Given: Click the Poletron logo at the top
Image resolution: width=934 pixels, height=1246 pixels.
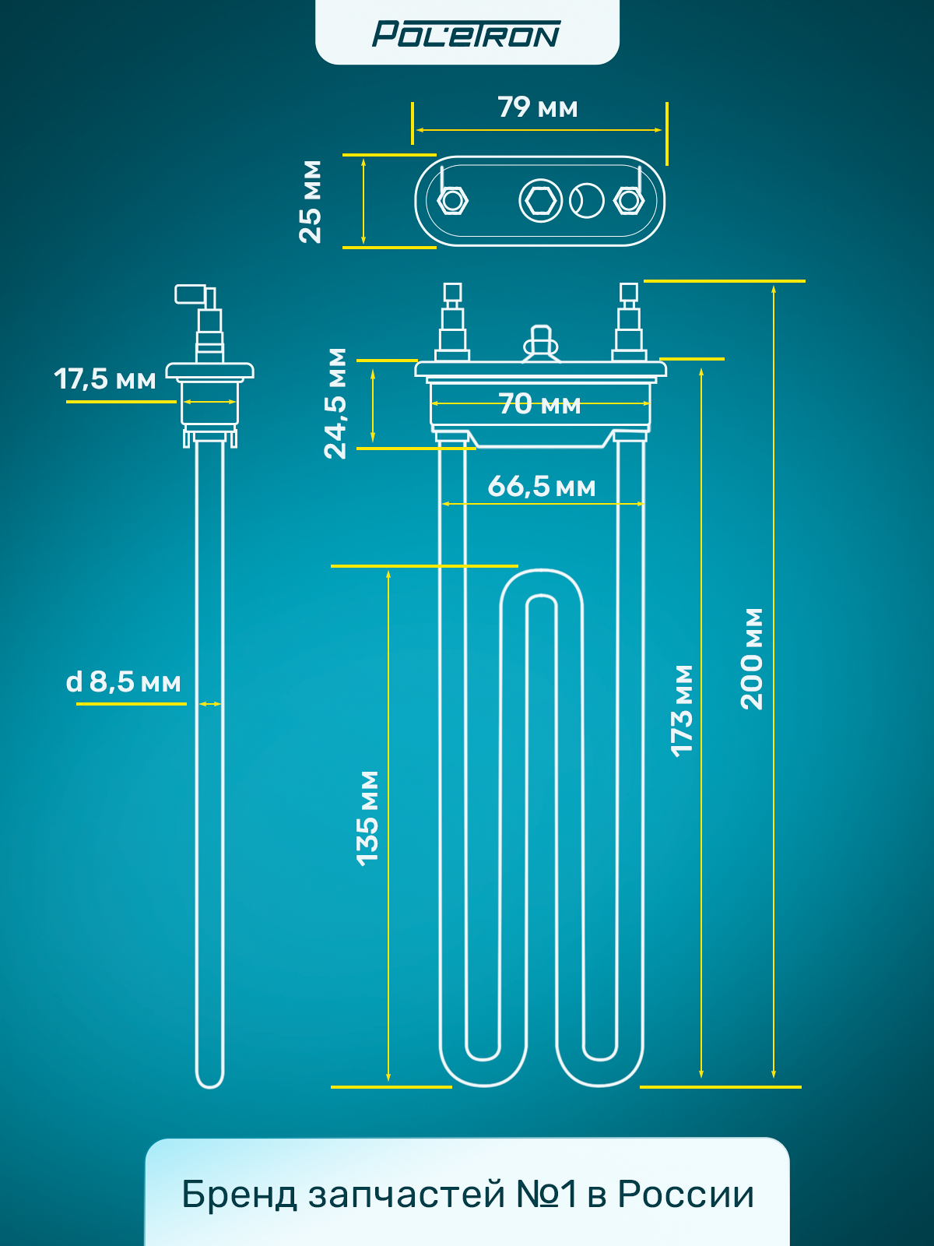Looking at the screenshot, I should [466, 34].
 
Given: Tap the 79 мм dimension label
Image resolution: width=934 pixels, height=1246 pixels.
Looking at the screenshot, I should [538, 107].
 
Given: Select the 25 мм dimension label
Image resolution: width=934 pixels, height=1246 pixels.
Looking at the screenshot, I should [311, 202].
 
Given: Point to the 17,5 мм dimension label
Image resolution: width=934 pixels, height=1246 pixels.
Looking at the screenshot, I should [105, 379].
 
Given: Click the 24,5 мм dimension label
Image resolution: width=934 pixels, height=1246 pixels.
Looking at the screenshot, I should [335, 403].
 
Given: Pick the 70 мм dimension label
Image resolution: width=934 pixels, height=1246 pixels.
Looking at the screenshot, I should [539, 403].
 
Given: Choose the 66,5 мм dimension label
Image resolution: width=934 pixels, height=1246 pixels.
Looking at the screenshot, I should [542, 487].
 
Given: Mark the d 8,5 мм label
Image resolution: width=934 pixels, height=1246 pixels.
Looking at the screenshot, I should [124, 682].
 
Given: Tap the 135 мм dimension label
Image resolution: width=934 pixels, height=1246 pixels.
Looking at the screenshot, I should [367, 818].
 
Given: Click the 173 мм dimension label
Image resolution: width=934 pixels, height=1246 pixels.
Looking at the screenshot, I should [683, 710].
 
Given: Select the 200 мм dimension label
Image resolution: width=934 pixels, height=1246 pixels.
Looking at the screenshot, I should [752, 659].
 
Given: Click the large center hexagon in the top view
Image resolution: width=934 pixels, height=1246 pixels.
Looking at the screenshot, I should [540, 201].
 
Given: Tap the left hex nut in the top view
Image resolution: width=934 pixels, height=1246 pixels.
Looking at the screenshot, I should [452, 201].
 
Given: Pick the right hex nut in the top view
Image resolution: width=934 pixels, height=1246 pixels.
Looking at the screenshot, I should [628, 201].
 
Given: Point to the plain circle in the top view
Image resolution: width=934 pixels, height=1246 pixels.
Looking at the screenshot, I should [587, 201].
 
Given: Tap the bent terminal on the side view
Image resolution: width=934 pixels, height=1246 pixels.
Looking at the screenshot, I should [194, 295].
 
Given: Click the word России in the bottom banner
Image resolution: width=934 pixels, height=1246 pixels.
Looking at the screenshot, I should [686, 1194].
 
